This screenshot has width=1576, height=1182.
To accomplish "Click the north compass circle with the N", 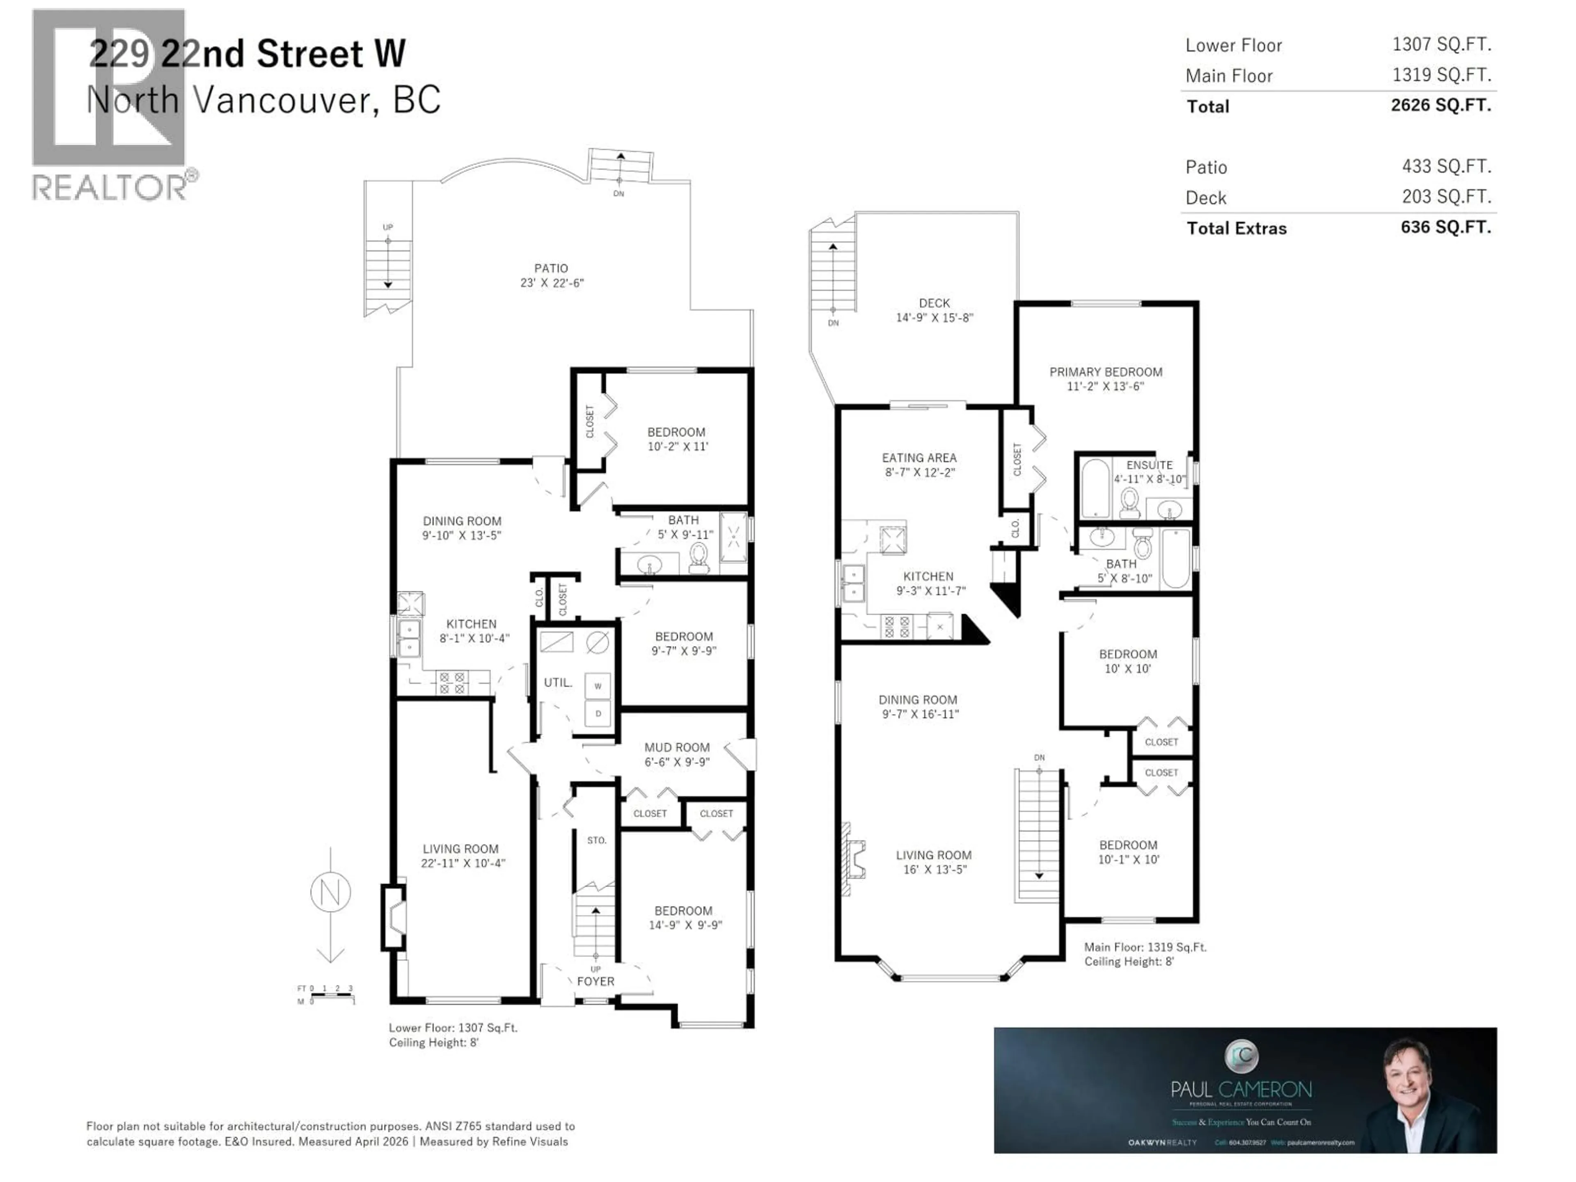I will pos(330,892).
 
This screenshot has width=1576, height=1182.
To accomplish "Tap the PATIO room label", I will pos(551,268).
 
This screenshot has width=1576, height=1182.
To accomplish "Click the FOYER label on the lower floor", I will pos(596,981).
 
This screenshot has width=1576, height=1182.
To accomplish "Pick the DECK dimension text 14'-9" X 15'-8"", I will pos(934,318).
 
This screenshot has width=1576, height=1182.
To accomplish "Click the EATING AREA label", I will pos(919,458).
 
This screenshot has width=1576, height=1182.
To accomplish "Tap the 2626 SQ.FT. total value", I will pos(1441,105).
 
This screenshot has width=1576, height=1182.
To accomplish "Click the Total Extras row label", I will pos(1236,229).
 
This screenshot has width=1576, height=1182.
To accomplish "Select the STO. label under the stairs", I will pos(596,840).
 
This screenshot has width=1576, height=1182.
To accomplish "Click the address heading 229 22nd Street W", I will pos(247,54).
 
